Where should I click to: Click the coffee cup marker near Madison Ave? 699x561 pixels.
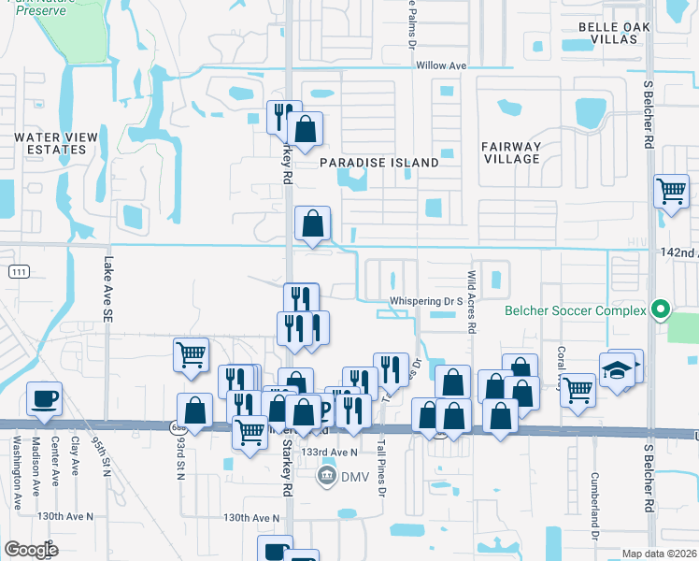44,399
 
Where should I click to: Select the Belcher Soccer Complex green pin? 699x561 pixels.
662,309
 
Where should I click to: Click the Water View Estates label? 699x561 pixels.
55,143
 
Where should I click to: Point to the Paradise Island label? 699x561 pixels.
379,163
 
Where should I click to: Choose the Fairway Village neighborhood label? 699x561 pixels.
511,152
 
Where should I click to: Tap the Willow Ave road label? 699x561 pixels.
440,66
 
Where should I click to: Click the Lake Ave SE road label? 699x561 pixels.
107,291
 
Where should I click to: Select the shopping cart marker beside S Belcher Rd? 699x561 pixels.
671,193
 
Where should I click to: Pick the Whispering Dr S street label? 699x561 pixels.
427,301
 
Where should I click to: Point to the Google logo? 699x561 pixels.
31,549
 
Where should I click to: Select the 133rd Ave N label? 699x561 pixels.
332,452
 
